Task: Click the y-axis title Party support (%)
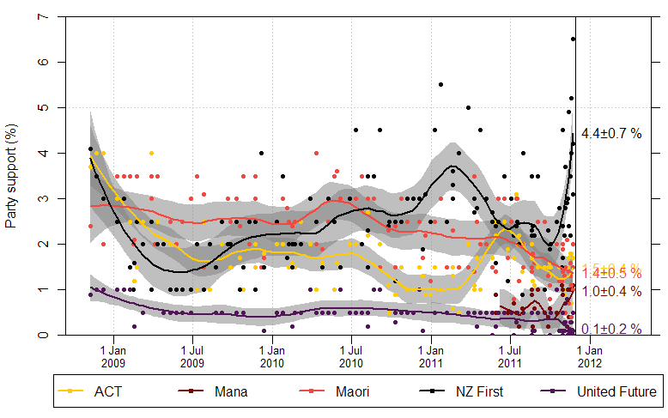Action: click(x=11, y=177)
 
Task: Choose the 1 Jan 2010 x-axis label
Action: click(x=272, y=356)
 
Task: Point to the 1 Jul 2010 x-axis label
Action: click(x=351, y=356)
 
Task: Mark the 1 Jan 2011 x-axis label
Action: click(x=431, y=356)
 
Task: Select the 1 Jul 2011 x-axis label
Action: click(x=510, y=356)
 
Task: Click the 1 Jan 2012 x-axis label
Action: click(x=590, y=356)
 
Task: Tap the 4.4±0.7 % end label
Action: click(x=611, y=134)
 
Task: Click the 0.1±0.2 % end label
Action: click(x=611, y=329)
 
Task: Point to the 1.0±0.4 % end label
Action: click(x=611, y=292)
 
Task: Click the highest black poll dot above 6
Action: click(x=573, y=39)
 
